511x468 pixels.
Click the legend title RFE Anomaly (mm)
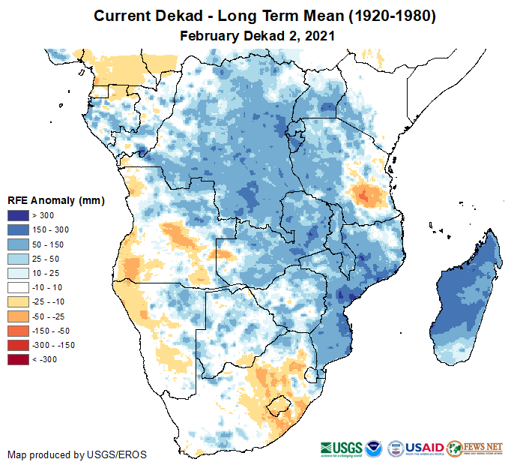(x=55, y=200)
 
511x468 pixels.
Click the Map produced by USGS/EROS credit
(x=77, y=454)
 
